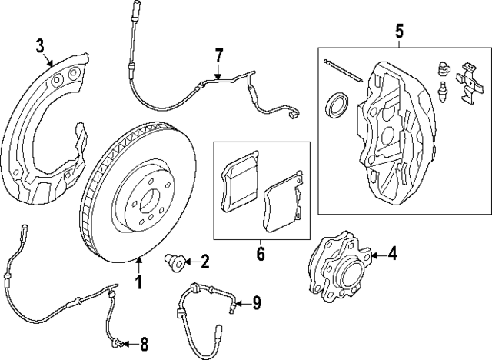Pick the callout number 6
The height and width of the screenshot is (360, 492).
click(260, 252)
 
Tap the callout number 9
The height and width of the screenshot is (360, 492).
click(256, 302)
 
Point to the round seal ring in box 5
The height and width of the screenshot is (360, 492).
click(337, 104)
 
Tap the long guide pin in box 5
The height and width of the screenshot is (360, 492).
click(341, 69)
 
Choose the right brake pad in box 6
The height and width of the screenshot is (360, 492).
click(282, 208)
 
